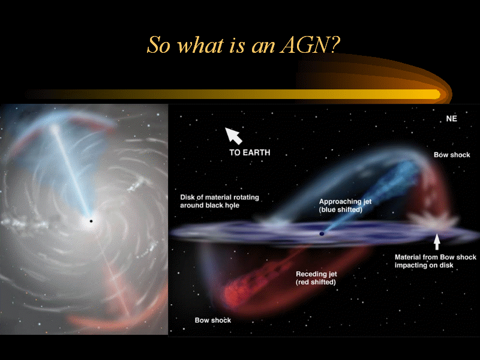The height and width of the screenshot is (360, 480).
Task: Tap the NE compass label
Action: click(x=452, y=118)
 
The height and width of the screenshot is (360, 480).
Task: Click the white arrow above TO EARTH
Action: click(x=233, y=136)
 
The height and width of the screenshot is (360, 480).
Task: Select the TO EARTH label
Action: click(x=250, y=152)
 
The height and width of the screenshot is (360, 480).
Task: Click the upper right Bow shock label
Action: click(x=452, y=155)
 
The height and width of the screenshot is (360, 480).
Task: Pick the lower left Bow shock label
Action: click(x=213, y=320)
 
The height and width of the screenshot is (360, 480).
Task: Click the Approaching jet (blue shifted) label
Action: click(x=345, y=205)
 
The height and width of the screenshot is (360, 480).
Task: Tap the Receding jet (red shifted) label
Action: click(x=316, y=278)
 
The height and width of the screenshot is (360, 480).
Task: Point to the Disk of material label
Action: click(x=220, y=201)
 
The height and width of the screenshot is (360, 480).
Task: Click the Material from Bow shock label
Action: click(x=436, y=261)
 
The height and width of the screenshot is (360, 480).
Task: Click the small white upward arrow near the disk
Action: click(x=437, y=242)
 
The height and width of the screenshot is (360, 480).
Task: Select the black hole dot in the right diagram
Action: click(x=322, y=233)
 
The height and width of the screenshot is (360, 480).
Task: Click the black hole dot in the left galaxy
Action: click(x=91, y=221)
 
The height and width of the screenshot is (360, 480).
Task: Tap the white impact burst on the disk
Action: click(x=434, y=220)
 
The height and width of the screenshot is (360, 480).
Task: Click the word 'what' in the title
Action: click(x=200, y=45)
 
